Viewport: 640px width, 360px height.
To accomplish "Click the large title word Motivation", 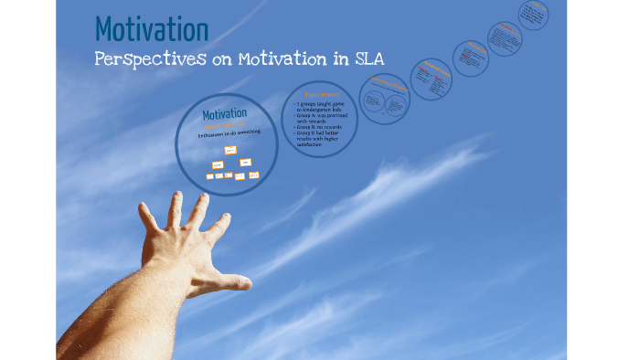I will [151, 28].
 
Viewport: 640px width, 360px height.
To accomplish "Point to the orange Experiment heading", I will [320, 93].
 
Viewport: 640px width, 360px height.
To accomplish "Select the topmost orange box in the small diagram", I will [230, 149].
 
